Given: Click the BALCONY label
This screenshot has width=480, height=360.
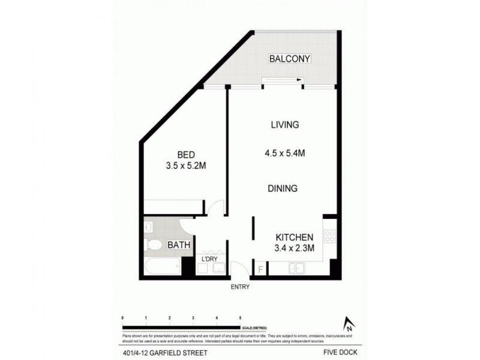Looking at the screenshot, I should tap(290, 59).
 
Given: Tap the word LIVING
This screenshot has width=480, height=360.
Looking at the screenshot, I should tap(285, 125).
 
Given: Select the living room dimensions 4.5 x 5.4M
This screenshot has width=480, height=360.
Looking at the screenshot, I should tap(286, 153).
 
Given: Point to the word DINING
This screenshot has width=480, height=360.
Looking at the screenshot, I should tap(283, 188).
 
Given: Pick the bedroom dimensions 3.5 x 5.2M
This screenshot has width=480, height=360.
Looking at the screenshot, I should tap(187, 165).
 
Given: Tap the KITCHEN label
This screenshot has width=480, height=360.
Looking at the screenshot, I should tap(294, 236).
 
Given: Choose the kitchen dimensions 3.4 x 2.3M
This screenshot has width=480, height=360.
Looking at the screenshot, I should tap(294, 248).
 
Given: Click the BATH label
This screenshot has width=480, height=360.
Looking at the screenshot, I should tap(179, 245).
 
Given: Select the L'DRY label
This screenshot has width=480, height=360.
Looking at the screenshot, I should tap(209, 259).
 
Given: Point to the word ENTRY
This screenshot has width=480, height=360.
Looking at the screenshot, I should tap(240, 287).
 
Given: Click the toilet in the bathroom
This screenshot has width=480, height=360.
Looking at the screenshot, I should tap(153, 245).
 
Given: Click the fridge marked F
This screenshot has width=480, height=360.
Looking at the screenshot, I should tap(260, 269).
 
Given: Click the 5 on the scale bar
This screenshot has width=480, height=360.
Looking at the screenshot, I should tap(241, 316).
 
